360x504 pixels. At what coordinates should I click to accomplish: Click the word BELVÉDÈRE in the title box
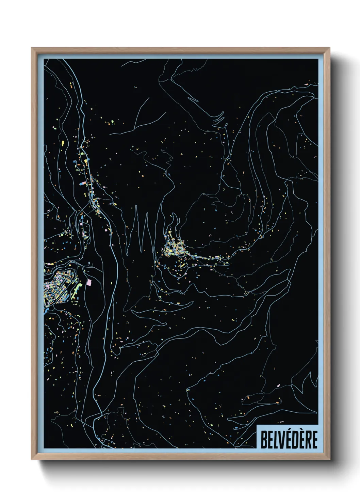coord(289,439)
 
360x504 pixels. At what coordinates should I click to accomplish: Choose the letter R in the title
coord(308,439)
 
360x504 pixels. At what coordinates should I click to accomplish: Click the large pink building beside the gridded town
coord(89,282)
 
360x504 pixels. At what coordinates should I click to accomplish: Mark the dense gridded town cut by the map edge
coord(58,286)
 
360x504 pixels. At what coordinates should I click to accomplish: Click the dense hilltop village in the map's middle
coord(174,248)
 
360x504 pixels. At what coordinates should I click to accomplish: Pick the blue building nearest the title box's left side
coord(235,428)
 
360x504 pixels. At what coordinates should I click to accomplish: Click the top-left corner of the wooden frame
coord(32,48)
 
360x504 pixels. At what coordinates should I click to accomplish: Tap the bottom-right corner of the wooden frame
coord(329,459)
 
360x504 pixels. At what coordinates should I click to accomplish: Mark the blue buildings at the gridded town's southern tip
coord(46,311)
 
